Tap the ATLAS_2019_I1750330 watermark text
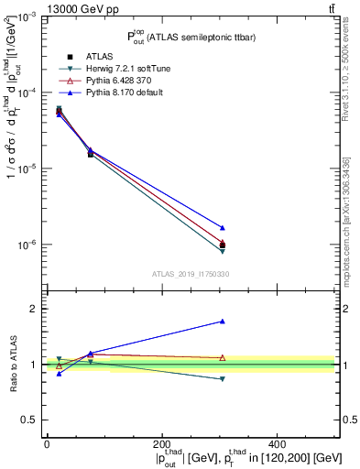[x=190, y=273]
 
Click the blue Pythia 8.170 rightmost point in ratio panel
[x=223, y=322]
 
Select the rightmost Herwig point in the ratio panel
[x=223, y=379]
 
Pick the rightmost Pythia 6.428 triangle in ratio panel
[x=223, y=357]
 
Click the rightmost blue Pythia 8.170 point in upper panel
[x=223, y=227]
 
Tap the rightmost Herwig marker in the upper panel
[x=223, y=251]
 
